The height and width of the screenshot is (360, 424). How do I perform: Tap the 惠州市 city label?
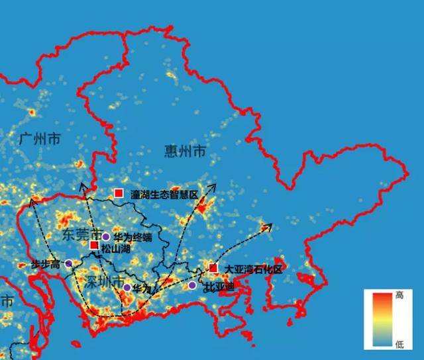pyautogui.click(x=184, y=152)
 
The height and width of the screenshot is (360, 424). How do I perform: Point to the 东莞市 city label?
pyautogui.click(x=81, y=235)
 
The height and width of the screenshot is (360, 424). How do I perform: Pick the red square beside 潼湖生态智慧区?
pyautogui.click(x=119, y=193)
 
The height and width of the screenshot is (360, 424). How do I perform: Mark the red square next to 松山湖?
pyautogui.click(x=94, y=246)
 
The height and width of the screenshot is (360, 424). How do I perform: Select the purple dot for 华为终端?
pyautogui.click(x=105, y=237)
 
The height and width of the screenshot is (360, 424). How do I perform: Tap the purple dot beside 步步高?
pyautogui.click(x=68, y=263)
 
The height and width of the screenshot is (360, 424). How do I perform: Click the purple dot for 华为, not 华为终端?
pyautogui.click(x=127, y=287)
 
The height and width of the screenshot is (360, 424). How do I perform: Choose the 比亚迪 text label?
pyautogui.click(x=218, y=287)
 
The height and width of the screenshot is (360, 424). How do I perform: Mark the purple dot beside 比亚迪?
pyautogui.click(x=192, y=285)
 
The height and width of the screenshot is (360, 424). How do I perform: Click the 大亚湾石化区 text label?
pyautogui.click(x=253, y=270)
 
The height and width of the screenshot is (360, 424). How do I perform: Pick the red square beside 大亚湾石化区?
pyautogui.click(x=213, y=267)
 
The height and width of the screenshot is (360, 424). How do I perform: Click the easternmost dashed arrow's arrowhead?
pyautogui.click(x=269, y=227)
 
